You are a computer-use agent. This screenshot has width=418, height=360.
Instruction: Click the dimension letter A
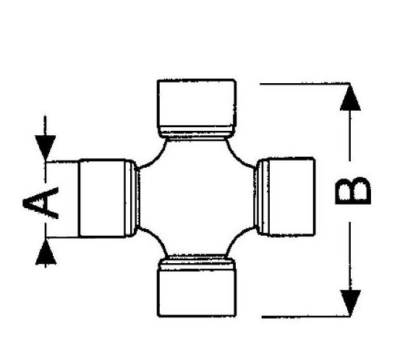click(40, 203)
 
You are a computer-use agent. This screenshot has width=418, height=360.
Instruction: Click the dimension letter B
click(352, 191)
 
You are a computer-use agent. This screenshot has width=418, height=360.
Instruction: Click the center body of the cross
click(197, 198)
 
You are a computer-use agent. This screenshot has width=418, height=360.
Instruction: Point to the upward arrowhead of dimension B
click(350, 98)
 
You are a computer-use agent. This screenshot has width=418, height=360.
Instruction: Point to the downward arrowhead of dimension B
click(351, 303)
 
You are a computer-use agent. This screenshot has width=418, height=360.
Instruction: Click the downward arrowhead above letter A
click(46, 147)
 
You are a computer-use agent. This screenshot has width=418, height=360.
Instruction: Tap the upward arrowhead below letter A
click(46, 252)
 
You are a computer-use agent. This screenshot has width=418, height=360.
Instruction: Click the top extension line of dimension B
click(304, 84)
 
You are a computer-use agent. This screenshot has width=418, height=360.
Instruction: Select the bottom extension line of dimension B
click(306, 317)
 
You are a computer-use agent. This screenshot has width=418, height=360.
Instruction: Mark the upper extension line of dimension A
click(62, 161)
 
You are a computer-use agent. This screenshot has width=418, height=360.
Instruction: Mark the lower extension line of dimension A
click(62, 237)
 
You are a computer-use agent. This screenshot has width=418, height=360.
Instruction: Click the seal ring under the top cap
click(197, 132)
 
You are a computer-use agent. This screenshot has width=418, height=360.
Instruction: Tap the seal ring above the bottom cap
click(197, 262)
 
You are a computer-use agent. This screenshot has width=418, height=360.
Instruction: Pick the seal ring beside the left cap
click(132, 198)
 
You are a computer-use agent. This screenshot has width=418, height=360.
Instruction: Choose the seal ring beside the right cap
click(261, 197)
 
